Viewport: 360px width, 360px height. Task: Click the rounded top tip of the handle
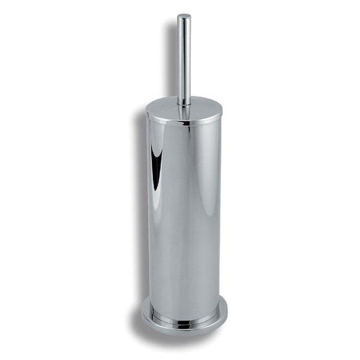(x=184, y=16)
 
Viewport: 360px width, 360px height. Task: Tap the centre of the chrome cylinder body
(x=184, y=210)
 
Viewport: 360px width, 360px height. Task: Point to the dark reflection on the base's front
(x=184, y=324)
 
